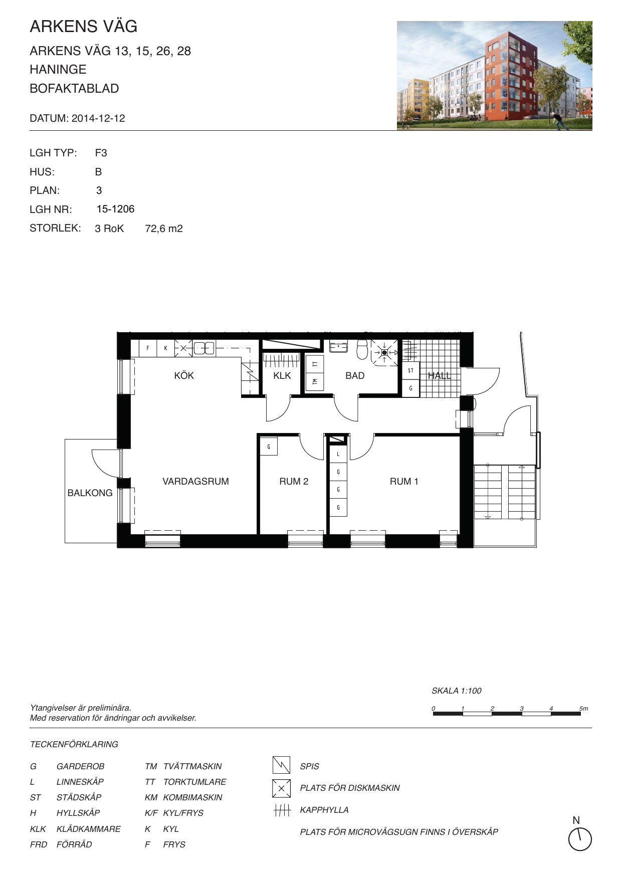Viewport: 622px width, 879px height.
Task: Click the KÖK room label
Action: (x=184, y=375)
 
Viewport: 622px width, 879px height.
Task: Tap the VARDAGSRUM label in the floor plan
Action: (x=195, y=481)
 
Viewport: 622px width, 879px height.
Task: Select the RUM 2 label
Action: (x=294, y=481)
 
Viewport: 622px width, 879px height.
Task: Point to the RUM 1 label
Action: (x=404, y=481)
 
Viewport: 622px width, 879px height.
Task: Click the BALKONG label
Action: (x=90, y=493)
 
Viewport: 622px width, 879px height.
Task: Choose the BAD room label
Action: (x=355, y=375)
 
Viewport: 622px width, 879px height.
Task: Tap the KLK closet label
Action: (x=282, y=375)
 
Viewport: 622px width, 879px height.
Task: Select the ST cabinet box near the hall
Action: (x=411, y=370)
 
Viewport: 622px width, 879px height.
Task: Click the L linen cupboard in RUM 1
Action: (x=339, y=454)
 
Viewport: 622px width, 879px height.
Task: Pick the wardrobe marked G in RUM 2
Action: (x=269, y=446)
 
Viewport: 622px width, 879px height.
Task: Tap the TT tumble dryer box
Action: (x=315, y=364)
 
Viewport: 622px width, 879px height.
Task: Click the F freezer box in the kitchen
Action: (x=148, y=348)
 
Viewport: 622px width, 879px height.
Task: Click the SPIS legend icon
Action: (x=281, y=765)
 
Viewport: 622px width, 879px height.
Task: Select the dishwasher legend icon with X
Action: (x=281, y=788)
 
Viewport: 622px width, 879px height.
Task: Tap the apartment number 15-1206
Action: (x=116, y=209)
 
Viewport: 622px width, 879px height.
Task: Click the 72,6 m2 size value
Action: (x=164, y=229)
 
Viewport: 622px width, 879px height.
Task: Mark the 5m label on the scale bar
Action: (x=583, y=709)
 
